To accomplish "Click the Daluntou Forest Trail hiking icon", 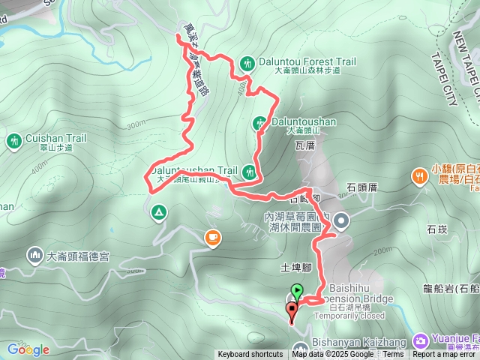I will click(x=247, y=63).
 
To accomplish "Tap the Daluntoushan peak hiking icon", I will click(x=259, y=121).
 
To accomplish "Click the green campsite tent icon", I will click(x=157, y=211).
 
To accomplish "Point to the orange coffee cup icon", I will click(x=213, y=238).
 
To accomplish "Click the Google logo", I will click(x=28, y=349).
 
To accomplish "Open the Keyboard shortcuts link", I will click(x=250, y=355).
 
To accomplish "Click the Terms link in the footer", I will click(x=393, y=355).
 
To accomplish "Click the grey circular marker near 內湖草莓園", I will click(x=341, y=220).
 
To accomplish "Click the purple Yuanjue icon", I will click(x=421, y=340).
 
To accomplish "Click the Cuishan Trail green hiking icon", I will click(x=14, y=140).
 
